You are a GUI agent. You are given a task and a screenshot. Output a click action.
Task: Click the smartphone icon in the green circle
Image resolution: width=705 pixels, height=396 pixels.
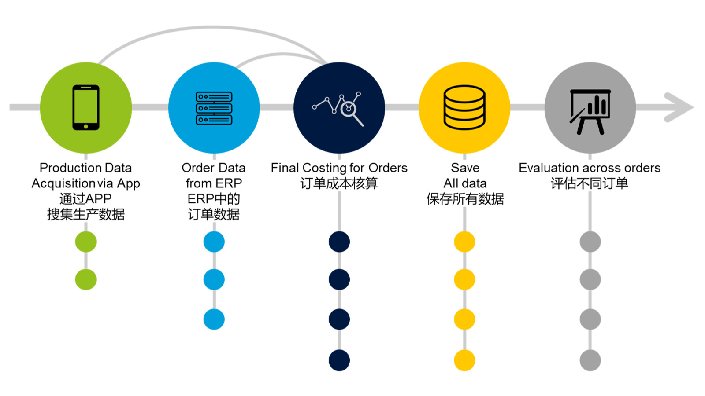[86, 107]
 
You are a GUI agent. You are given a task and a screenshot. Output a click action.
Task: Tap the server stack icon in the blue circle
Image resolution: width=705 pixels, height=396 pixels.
[214, 108]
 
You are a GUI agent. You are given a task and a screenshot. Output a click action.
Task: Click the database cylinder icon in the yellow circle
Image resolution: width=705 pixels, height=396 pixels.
[464, 107]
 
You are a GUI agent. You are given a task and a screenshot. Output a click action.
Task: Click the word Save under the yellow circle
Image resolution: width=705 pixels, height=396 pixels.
[465, 168]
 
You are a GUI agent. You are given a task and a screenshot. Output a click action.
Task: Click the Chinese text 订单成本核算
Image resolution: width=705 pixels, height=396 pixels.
[339, 183]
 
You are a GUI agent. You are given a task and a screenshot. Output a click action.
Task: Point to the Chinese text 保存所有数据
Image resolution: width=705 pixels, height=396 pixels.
[465, 199]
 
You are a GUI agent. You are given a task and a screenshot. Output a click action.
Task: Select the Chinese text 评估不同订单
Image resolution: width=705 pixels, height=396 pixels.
[590, 183]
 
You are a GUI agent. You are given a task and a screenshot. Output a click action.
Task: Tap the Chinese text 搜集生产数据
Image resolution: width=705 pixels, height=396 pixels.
[86, 215]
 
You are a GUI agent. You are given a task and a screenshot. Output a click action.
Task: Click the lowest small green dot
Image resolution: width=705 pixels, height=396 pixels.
[86, 279]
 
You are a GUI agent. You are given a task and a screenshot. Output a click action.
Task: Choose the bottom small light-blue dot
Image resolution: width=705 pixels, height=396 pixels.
[214, 319]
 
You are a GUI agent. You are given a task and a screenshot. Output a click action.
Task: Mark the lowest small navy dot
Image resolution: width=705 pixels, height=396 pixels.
[339, 360]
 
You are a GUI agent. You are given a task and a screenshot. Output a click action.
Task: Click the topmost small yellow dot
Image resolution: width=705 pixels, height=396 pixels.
[464, 242]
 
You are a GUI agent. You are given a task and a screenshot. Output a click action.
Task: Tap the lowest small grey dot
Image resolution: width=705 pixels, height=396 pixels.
[590, 360]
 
